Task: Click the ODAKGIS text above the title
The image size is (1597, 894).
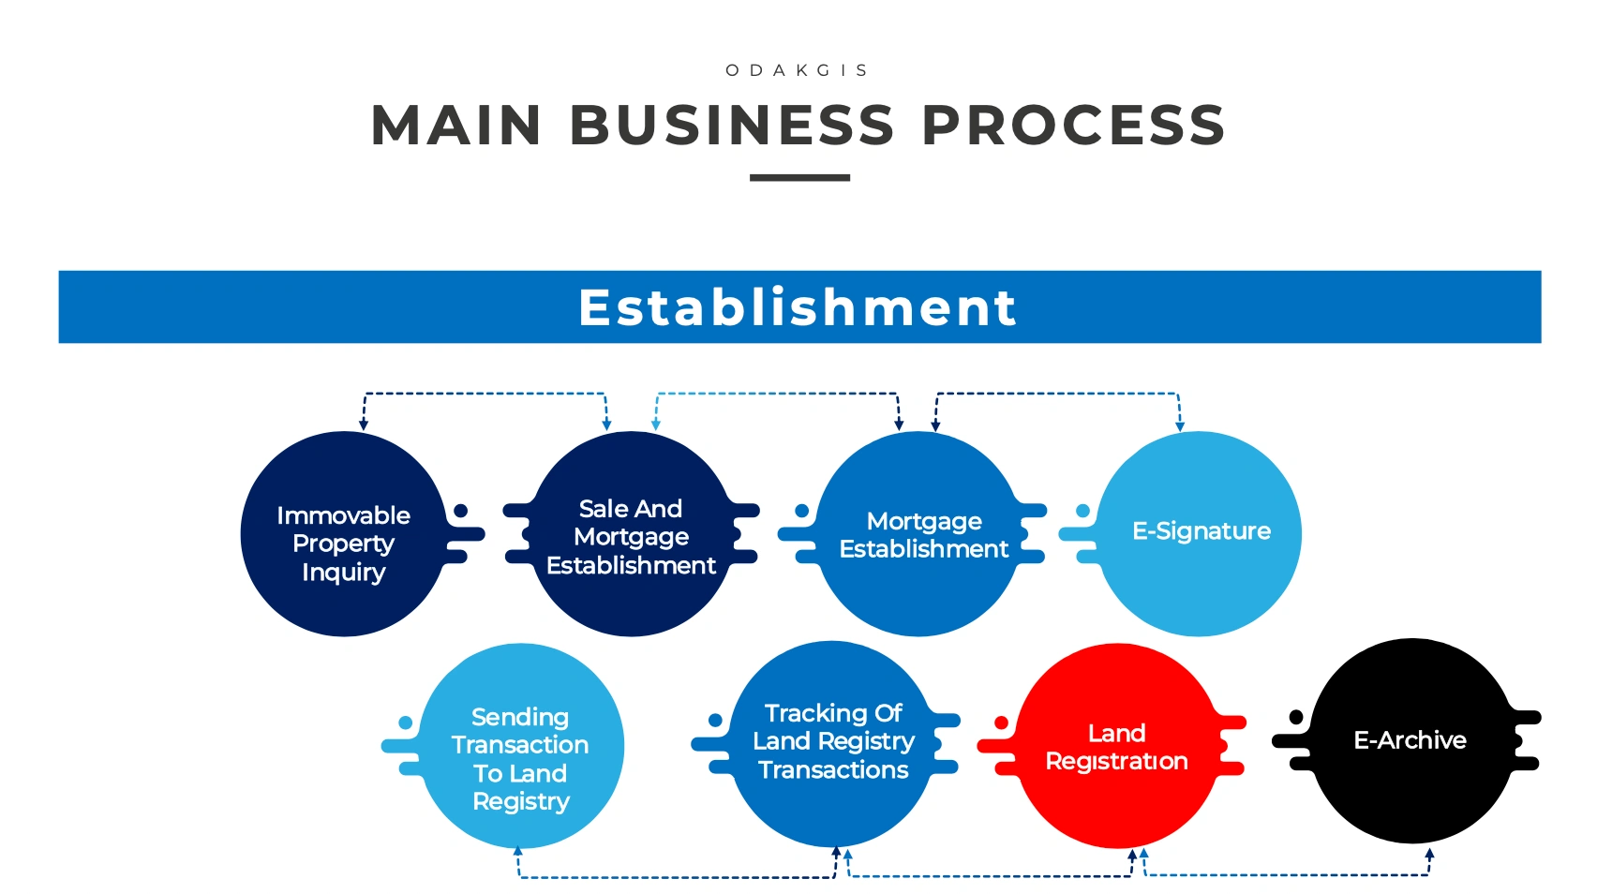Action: coord(797,70)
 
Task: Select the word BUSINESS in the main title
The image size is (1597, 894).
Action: coord(732,126)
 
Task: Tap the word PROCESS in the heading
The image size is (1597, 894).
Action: coord(1073,126)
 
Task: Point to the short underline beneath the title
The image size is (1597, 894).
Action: coord(799,177)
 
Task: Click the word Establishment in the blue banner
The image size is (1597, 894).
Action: coord(798,307)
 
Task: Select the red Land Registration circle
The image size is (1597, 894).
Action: coord(1117,746)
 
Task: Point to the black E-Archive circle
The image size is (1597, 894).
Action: coord(1411,740)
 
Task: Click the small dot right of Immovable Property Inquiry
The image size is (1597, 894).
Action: coord(460,511)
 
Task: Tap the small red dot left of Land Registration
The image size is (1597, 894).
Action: coord(1001,723)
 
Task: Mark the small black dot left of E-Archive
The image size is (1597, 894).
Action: coord(1296,717)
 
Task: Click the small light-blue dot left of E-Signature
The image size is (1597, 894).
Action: coord(1082,511)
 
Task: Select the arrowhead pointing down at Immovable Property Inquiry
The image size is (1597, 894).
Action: coord(364,425)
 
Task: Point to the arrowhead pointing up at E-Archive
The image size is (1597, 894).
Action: coord(1429,854)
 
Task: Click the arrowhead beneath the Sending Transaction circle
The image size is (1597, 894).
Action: coord(517,851)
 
